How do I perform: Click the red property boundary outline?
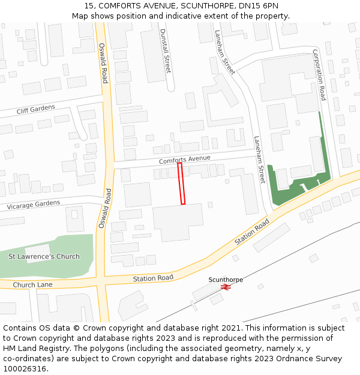(181, 184)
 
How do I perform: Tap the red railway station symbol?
(226, 287)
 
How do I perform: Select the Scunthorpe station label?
(226, 280)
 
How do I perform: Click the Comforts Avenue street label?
(184, 160)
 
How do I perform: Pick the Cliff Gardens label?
(35, 109)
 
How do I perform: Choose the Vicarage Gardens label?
(34, 205)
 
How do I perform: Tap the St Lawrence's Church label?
(44, 257)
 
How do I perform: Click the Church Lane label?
(32, 284)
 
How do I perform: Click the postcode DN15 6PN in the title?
(261, 6)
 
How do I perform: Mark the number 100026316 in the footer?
(25, 368)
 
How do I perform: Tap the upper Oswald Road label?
(103, 62)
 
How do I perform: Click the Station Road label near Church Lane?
(153, 278)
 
